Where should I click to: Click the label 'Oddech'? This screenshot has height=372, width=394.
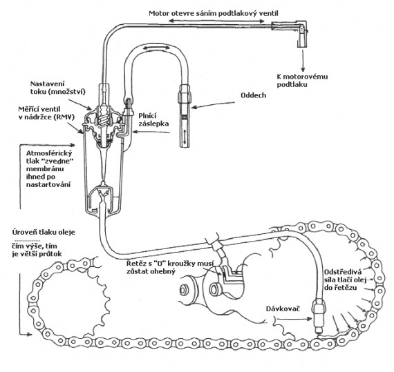(253, 95)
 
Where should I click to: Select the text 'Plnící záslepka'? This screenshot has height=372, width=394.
(153, 119)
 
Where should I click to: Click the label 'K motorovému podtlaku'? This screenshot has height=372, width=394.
(302, 81)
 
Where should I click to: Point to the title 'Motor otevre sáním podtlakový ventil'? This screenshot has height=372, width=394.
(214, 13)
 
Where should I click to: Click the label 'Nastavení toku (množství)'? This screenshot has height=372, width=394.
(58, 88)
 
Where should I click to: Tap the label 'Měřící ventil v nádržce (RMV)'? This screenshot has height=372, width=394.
(46, 113)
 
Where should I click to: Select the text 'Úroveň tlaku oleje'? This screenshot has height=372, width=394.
(44, 233)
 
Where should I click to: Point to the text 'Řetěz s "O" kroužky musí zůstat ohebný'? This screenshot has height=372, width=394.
(170, 267)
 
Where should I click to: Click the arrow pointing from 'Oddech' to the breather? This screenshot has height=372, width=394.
(213, 105)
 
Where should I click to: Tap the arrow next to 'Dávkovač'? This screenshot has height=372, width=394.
(293, 319)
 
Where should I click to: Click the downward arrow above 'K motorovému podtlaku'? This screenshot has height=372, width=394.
(303, 61)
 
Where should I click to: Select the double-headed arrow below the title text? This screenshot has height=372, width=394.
(216, 21)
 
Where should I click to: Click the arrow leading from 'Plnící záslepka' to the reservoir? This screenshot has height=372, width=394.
(151, 132)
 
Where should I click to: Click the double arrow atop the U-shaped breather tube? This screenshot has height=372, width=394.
(156, 48)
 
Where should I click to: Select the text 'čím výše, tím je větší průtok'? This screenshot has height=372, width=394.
(37, 250)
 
